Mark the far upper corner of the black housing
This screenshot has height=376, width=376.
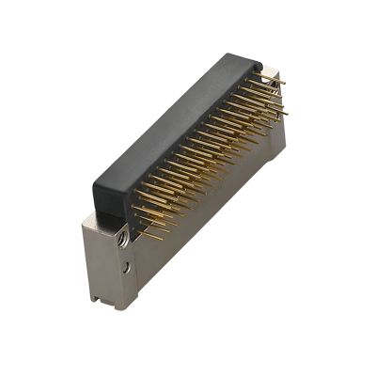[258, 58]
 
